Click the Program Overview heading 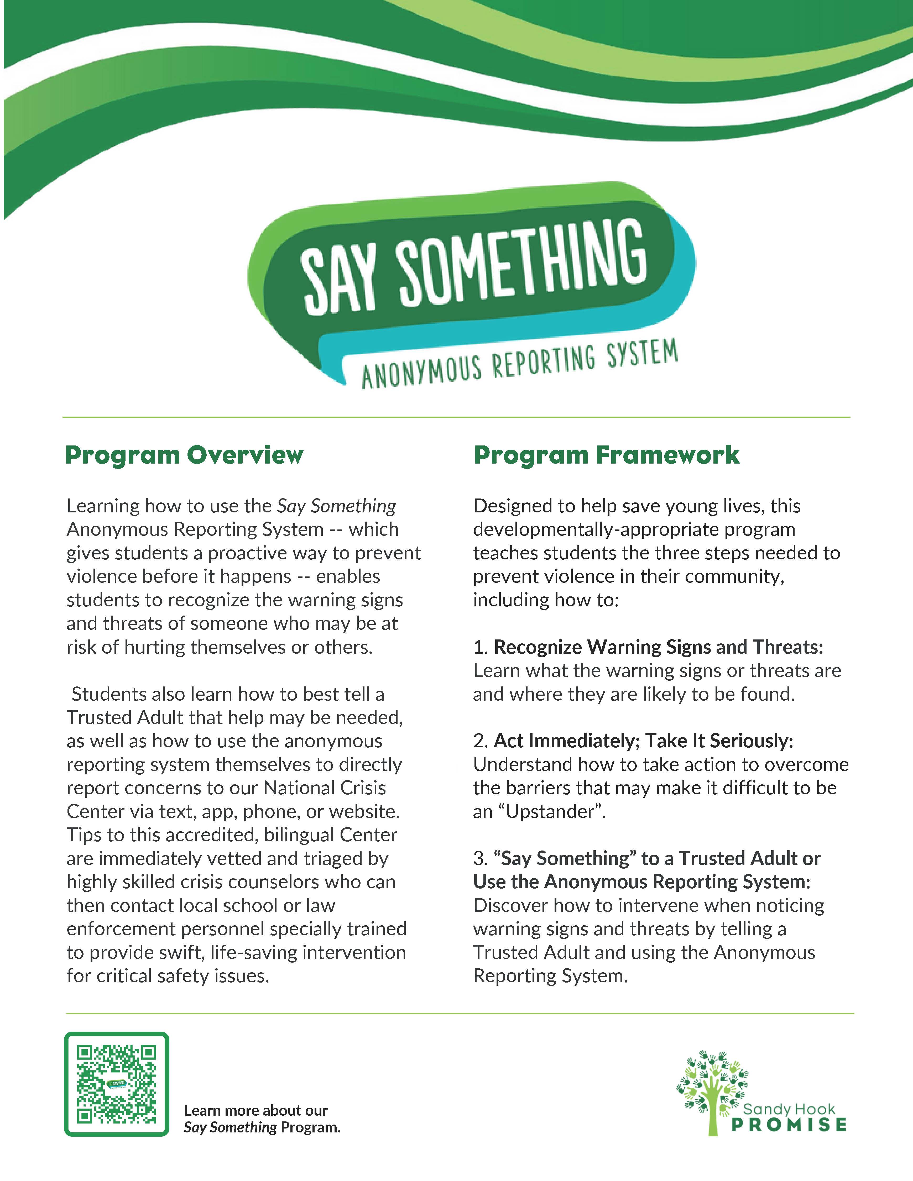184,455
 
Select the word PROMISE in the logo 789,1125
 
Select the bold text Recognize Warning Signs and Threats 658,647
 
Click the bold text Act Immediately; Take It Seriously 643,741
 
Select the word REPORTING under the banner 544,362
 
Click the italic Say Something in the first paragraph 336,506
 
